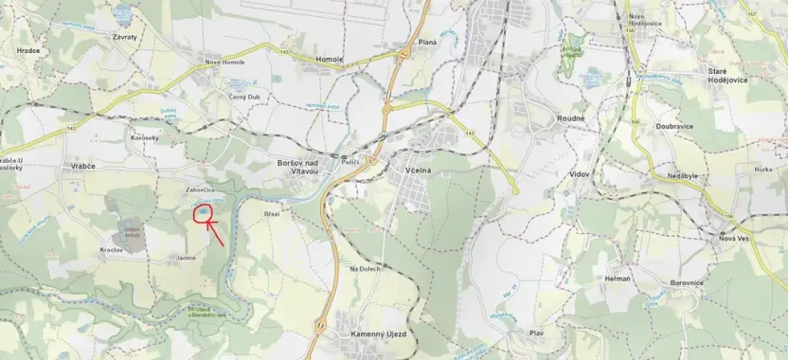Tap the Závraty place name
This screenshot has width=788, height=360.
(x=124, y=38)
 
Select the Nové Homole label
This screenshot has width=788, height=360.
(x=226, y=63)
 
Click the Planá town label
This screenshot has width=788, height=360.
(x=426, y=43)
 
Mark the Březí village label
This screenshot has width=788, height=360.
(x=272, y=214)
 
